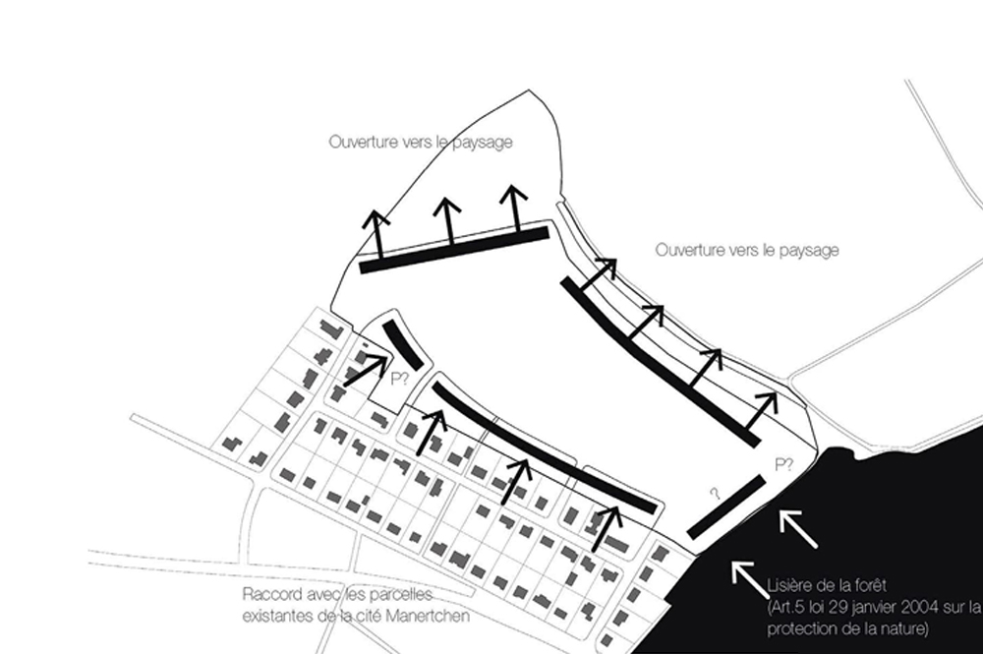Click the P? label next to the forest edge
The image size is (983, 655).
pos(783,464)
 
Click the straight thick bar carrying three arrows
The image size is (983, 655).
pos(453,249)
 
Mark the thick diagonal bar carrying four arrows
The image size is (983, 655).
pos(660,362)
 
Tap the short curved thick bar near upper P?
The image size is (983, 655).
pos(402,344)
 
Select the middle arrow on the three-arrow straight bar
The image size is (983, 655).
pos(448,222)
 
